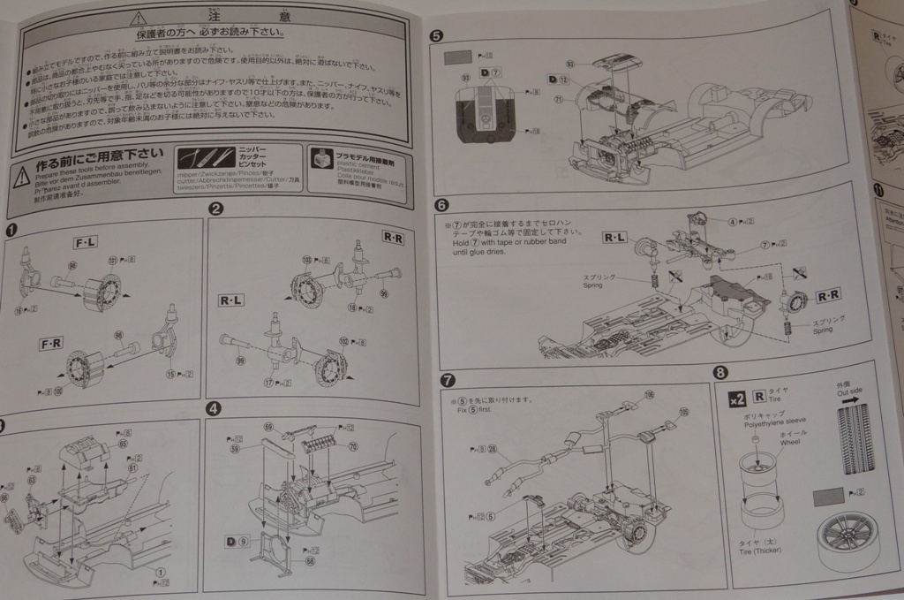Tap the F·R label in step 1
pos(49,341)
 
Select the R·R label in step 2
pos(393,237)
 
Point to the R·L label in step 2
pos(230,300)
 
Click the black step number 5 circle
pos(434,36)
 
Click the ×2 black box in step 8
pos(736,399)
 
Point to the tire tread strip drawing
pos(855,438)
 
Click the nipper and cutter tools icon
pos(204,158)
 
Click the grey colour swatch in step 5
pos(456,57)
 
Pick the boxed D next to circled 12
pos(552,80)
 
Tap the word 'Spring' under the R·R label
pos(822,330)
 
